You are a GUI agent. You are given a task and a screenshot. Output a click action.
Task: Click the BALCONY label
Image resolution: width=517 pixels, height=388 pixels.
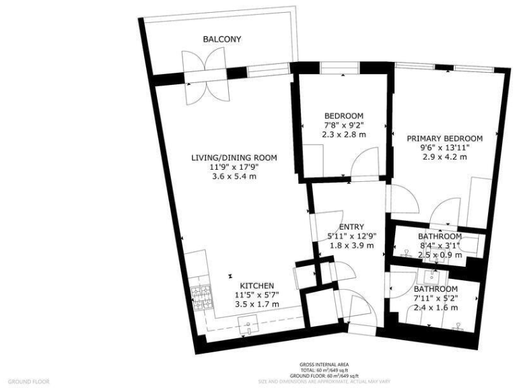pyautogui.click(x=222, y=40)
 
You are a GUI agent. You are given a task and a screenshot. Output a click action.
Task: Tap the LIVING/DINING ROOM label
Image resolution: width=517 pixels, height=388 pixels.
pyautogui.click(x=234, y=158)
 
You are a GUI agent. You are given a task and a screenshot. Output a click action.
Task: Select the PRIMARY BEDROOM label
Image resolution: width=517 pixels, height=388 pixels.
pyautogui.click(x=445, y=138)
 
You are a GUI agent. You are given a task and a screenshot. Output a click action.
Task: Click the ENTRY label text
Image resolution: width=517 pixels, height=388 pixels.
pyautogui.click(x=351, y=227)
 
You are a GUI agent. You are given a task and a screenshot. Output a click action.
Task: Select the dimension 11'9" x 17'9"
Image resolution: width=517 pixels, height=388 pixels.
pyautogui.click(x=234, y=167)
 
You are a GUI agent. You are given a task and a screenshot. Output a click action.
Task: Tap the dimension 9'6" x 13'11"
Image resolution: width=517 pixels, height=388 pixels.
pyautogui.click(x=445, y=148)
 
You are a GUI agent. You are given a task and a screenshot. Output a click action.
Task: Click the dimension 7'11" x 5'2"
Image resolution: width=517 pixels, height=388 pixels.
pyautogui.click(x=436, y=298)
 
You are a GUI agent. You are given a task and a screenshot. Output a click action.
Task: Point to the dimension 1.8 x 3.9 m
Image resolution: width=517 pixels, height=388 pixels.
pyautogui.click(x=351, y=246)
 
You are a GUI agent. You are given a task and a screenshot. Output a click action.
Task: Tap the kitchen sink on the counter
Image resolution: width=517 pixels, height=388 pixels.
pyautogui.click(x=250, y=328)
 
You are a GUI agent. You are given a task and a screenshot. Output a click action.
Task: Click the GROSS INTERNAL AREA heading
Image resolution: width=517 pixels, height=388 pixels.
pyautogui.click(x=319, y=364)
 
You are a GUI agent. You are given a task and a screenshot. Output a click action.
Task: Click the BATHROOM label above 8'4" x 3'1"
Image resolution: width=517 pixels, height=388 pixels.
pyautogui.click(x=440, y=237)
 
